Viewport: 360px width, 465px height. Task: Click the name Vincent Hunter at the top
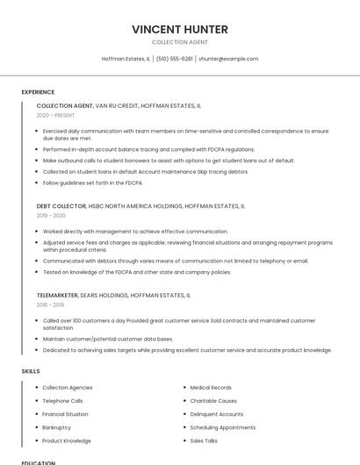[180, 29]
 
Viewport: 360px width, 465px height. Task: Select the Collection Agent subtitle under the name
[180, 42]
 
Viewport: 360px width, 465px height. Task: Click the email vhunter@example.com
[228, 59]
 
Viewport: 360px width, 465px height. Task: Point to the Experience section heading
[38, 92]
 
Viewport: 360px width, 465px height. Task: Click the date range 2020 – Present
[55, 115]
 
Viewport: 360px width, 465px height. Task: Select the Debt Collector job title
[61, 206]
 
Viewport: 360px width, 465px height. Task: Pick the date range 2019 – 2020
[51, 215]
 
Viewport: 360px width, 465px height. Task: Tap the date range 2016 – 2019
[50, 304]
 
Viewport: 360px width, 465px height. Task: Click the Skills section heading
[31, 371]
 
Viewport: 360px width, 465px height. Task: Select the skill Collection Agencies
[67, 387]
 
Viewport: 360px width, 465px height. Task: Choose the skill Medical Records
[211, 387]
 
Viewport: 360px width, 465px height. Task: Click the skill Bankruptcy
[58, 427]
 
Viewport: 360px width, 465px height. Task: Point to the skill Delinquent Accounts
[217, 414]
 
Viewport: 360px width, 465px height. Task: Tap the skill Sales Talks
[204, 440]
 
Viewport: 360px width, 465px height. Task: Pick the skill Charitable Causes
[213, 401]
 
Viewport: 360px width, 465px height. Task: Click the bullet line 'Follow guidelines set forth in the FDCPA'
[92, 182]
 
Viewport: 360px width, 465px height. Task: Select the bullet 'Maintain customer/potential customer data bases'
[107, 339]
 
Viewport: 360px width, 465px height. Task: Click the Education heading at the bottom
[38, 462]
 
